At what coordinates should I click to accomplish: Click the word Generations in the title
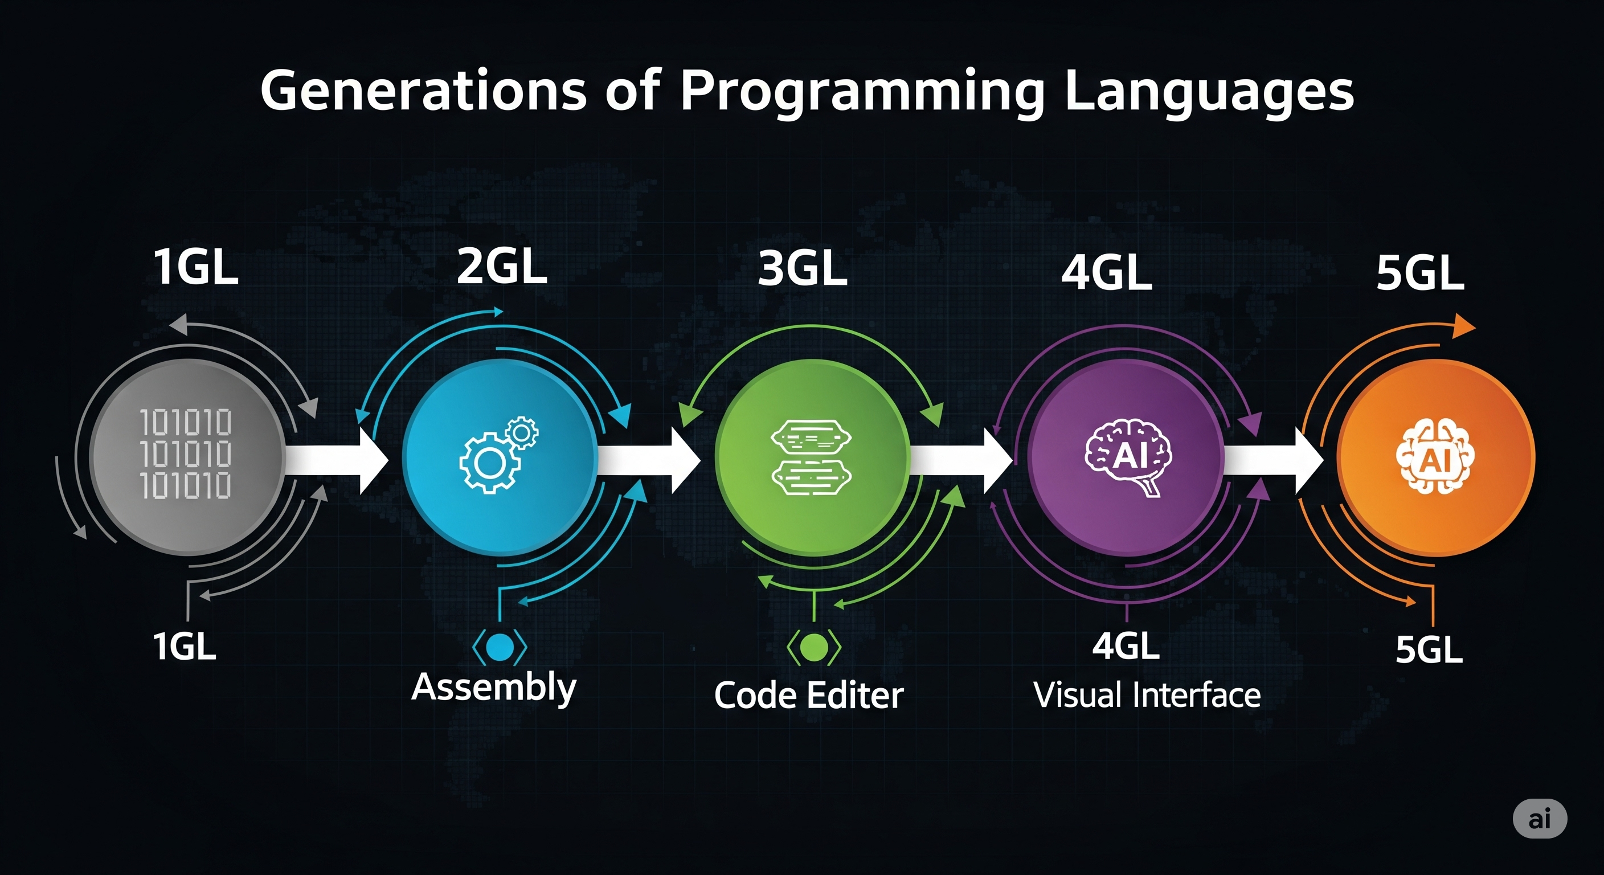(x=423, y=91)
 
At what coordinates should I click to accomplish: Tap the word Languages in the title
(x=1209, y=92)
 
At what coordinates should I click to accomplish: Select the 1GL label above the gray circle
(x=196, y=267)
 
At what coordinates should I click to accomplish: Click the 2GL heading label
(x=502, y=267)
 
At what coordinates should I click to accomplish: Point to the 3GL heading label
(x=803, y=268)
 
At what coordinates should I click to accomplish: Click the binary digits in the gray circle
(x=186, y=454)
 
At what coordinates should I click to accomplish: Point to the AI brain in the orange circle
(x=1435, y=458)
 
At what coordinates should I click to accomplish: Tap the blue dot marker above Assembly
(x=500, y=647)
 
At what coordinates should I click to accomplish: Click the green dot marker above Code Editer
(x=814, y=647)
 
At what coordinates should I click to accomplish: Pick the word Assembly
(x=494, y=688)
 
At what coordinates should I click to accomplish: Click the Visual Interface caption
(x=1147, y=695)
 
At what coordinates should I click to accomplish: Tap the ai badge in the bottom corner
(x=1539, y=819)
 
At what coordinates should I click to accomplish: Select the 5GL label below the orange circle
(x=1429, y=650)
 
